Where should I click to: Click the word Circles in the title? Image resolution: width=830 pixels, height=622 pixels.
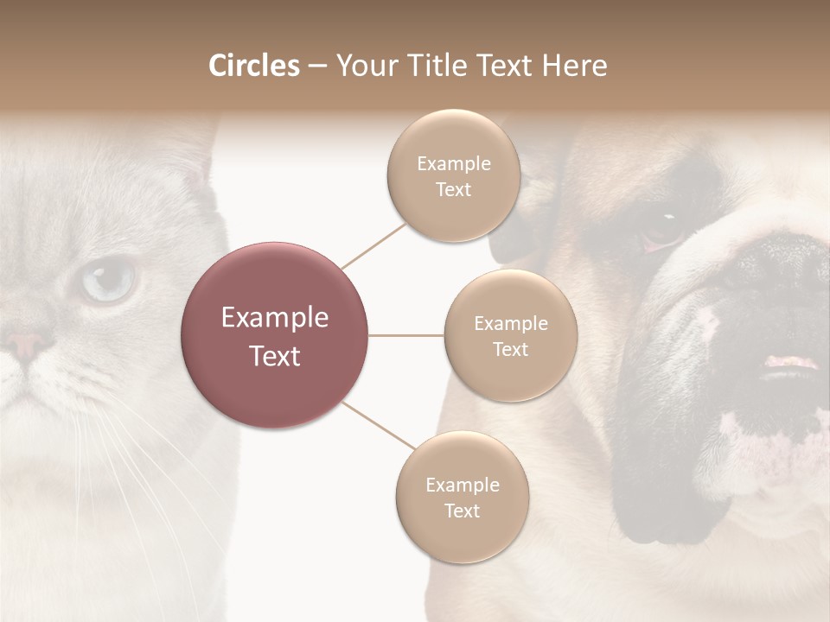tap(253, 66)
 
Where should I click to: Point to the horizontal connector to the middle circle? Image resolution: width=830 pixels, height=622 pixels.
tap(406, 335)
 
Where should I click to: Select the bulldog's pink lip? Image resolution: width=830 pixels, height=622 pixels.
tap(788, 363)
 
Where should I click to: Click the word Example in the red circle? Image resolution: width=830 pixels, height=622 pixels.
tap(275, 318)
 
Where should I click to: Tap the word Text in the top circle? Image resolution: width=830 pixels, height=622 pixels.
tap(453, 190)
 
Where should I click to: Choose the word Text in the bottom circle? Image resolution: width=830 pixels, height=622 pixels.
tap(463, 511)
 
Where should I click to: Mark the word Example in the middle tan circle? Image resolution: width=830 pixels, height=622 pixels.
tap(510, 324)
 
